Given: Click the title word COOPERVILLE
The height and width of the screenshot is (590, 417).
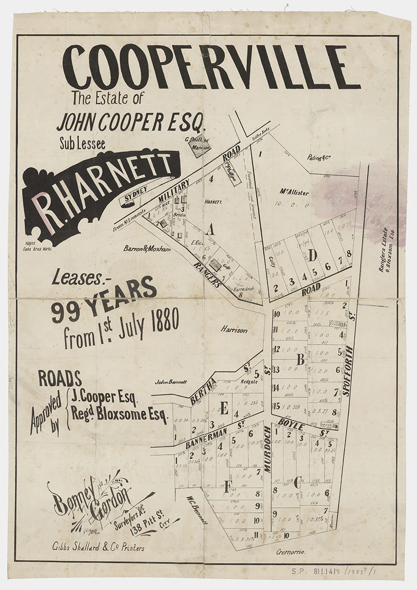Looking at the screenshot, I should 211,67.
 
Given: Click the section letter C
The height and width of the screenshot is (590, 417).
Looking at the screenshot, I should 297,483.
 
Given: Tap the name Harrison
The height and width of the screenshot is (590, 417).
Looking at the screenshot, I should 234,330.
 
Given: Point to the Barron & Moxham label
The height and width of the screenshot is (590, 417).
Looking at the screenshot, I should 147,249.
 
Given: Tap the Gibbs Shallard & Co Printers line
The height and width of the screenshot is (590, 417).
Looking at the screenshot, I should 98,548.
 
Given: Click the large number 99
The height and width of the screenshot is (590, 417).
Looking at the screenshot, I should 66,311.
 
